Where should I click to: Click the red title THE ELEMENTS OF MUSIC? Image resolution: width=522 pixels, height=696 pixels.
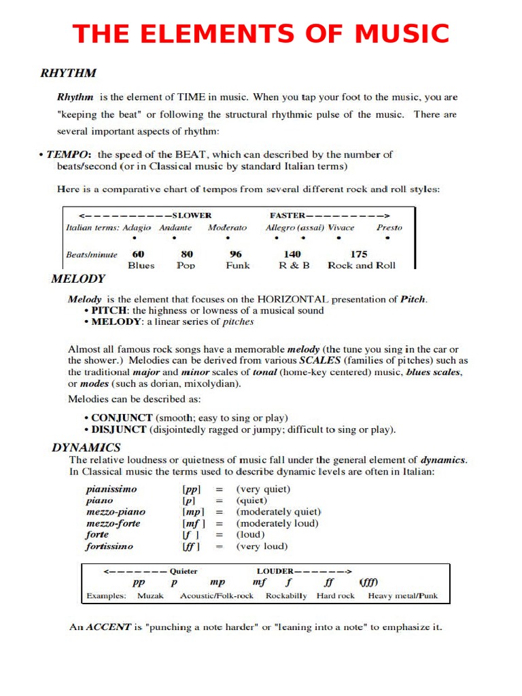click(261, 33)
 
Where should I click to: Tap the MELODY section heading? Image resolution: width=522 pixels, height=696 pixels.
click(78, 278)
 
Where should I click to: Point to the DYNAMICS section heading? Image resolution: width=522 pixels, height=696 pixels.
click(86, 447)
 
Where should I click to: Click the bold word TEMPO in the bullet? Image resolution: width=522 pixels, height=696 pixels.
click(69, 154)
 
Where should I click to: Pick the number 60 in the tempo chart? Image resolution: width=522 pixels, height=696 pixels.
click(138, 254)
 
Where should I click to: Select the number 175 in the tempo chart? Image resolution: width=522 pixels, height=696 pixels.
click(359, 254)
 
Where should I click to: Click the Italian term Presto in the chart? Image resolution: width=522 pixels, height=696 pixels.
click(389, 228)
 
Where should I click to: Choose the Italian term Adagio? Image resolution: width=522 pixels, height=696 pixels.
click(137, 228)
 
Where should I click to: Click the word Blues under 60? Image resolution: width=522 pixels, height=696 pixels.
click(141, 266)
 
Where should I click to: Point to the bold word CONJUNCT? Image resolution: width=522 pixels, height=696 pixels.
click(122, 417)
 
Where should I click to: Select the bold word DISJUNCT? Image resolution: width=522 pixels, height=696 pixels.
click(119, 430)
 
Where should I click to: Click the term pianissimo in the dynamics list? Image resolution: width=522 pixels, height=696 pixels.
click(111, 489)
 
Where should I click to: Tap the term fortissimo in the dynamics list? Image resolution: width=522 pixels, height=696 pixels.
click(109, 546)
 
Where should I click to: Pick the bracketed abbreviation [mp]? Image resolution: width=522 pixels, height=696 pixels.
click(193, 512)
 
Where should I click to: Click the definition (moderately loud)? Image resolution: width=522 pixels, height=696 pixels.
click(277, 523)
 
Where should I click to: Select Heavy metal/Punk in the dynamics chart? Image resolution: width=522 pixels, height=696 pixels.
click(402, 596)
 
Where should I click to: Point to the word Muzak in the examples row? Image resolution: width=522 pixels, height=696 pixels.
click(150, 596)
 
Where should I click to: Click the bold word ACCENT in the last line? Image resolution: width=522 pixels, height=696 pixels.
click(108, 627)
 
